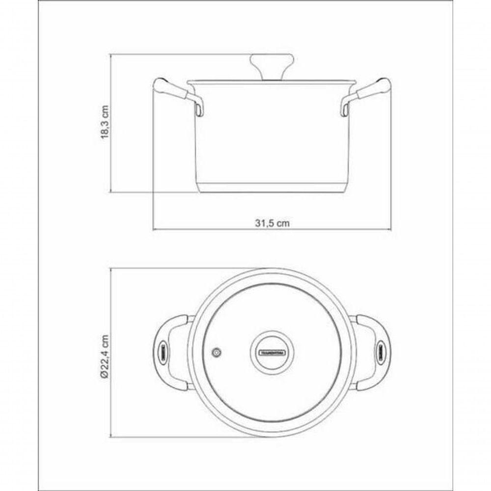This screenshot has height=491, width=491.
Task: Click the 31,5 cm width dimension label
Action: coord(272,222)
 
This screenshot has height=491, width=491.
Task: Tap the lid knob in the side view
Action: coord(271,66)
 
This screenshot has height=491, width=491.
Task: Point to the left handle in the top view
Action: coord(169,352)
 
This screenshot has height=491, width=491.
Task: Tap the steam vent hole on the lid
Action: coord(216,352)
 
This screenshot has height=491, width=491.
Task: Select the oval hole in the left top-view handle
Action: coord(163,352)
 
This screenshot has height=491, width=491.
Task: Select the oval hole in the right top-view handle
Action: coord(380,352)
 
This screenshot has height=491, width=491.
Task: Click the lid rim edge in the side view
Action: coord(272,82)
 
